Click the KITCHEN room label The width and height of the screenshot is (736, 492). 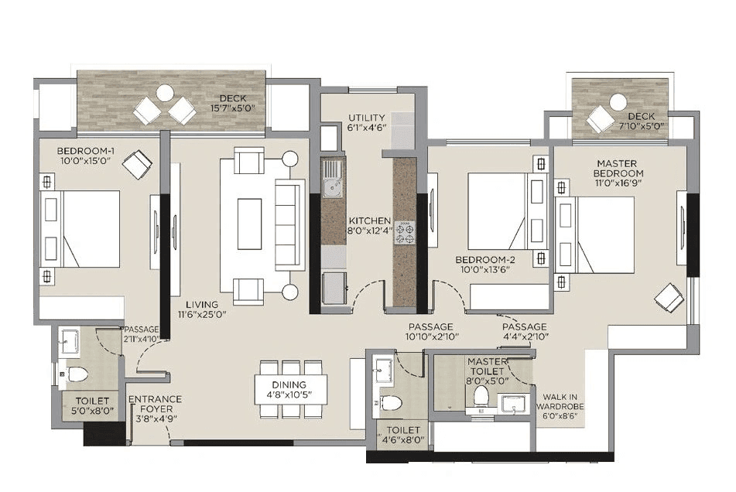click(369, 220)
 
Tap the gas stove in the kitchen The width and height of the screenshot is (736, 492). click(406, 231)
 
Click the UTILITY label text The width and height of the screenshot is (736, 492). click(366, 118)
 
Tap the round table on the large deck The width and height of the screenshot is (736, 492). click(165, 93)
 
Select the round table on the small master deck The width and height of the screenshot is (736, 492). click(618, 102)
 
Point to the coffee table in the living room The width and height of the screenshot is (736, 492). click(249, 224)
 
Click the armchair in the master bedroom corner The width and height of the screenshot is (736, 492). click(669, 299)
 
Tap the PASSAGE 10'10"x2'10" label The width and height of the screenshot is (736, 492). click(430, 332)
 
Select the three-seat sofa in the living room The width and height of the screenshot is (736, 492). click(289, 224)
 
